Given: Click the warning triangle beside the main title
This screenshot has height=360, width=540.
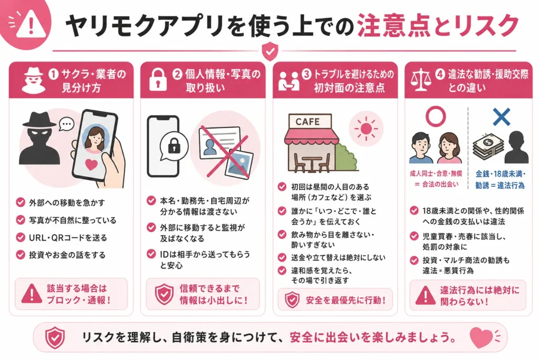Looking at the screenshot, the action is (31, 24).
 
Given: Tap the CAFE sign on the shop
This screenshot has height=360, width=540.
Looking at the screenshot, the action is (307, 121).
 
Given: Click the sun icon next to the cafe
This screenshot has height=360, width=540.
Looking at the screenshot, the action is (366, 129).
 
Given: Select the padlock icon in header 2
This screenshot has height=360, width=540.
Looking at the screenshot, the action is (158, 80).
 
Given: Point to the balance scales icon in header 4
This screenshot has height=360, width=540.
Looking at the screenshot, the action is (421, 80).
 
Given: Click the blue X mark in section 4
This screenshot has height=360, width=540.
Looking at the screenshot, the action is (502, 117).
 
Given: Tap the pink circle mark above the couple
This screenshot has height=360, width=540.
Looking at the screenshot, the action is (436, 116).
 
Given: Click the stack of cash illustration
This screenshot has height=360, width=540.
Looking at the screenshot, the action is (488, 147).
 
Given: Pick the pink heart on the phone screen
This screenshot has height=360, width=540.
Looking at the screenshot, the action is (91, 164).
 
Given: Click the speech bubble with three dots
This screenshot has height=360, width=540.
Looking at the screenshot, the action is (66, 124).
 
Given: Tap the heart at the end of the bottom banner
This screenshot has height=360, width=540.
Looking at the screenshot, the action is (481, 337).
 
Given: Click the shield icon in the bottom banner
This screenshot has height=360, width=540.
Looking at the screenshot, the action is (55, 338).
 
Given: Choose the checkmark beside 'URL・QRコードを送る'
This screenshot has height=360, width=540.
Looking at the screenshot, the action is (21, 238).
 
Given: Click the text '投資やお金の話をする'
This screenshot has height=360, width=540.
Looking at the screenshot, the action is (67, 255).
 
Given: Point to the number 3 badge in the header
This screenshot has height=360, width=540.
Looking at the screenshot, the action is (306, 74).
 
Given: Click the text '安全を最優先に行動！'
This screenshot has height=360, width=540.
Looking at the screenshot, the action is (345, 300).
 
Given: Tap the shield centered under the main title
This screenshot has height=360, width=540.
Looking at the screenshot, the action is (270, 51).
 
